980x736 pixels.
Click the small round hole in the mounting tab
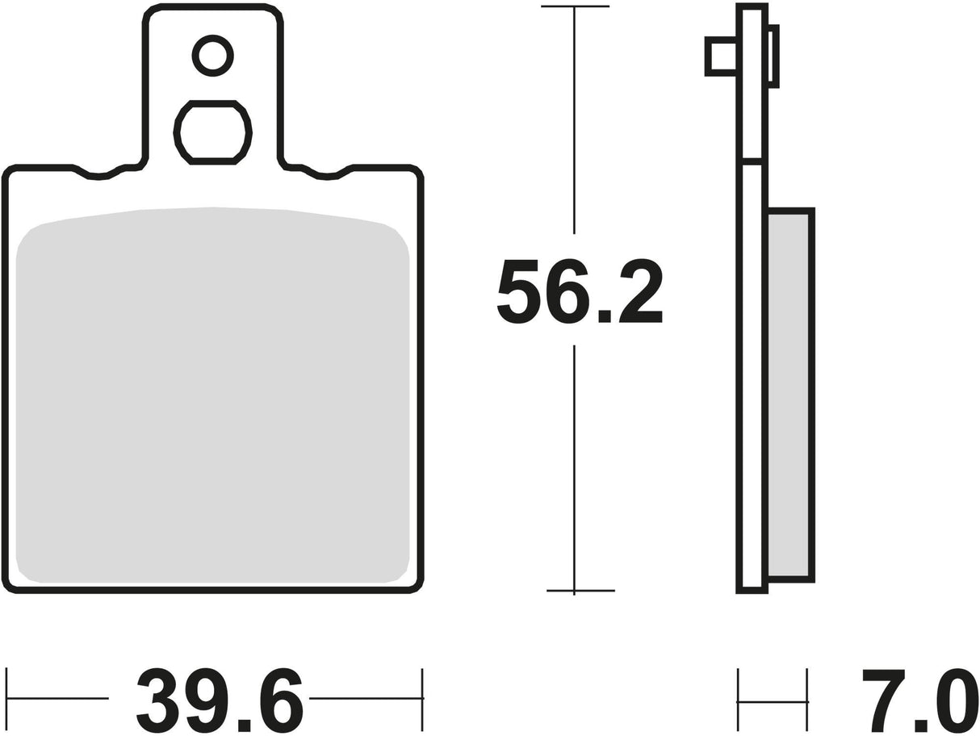click(213, 56)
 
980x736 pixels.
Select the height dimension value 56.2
click(580, 291)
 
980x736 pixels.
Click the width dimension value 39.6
click(220, 700)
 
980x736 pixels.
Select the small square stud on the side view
click(721, 56)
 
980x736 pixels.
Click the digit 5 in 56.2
click(518, 291)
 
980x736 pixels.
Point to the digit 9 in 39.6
click(207, 700)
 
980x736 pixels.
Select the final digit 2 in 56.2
click(642, 291)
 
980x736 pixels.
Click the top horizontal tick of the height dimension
click(574, 6)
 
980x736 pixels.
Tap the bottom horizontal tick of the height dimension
click(580, 591)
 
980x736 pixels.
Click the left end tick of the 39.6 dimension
click(6, 698)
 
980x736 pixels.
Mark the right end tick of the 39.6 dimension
click(422, 698)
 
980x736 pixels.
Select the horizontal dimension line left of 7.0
click(773, 701)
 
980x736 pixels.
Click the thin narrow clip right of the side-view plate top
click(773, 56)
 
